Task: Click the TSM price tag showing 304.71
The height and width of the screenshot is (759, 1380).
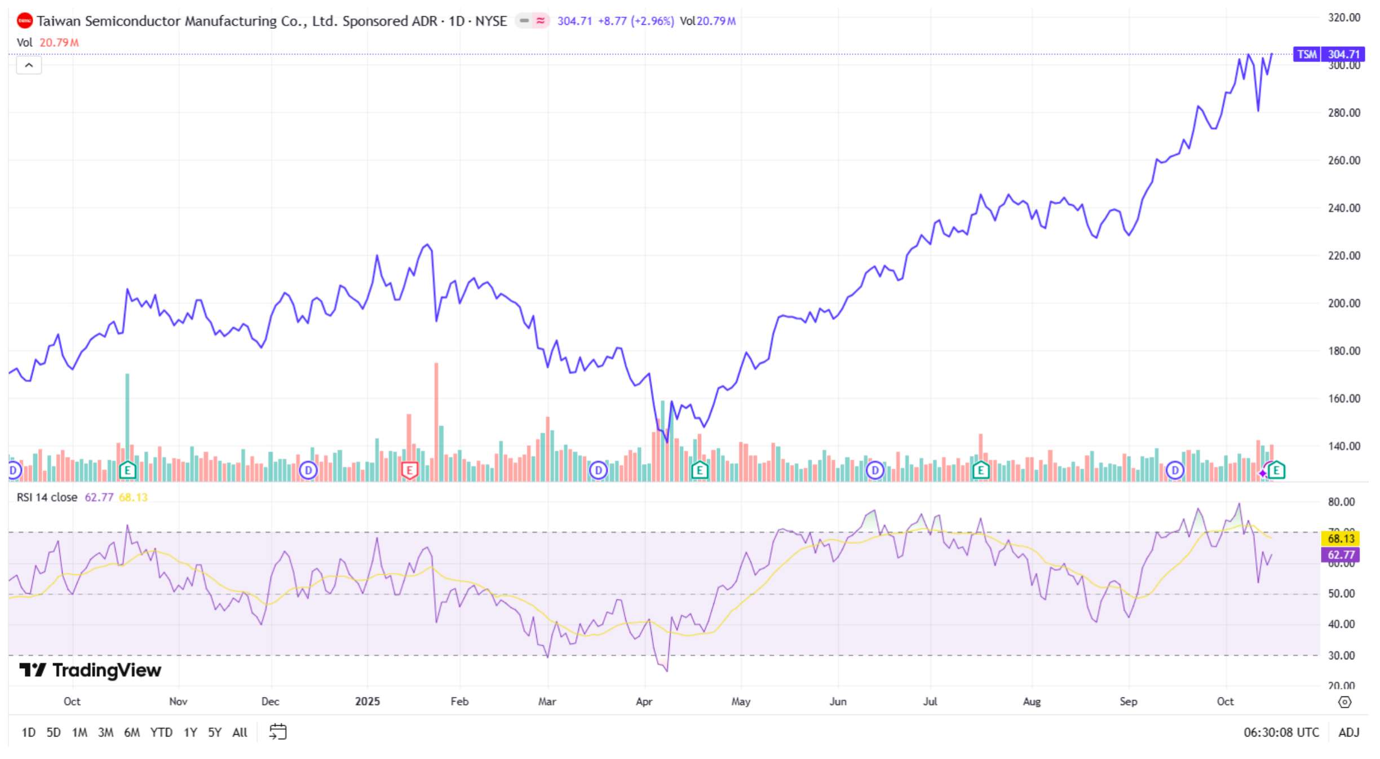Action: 1328,54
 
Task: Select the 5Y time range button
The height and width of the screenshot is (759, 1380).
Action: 214,732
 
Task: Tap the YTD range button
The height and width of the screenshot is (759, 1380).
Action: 161,732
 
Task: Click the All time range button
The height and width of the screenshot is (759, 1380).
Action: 240,732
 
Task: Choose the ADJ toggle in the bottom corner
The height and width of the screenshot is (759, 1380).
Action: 1348,732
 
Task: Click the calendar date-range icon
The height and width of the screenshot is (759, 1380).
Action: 278,732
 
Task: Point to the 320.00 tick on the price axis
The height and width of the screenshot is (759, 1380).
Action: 1343,17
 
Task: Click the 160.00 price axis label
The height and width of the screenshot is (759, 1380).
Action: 1343,399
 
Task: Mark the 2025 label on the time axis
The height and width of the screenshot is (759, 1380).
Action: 367,701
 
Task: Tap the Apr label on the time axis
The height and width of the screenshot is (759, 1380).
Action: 644,701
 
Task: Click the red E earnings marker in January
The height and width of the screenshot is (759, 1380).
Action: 409,469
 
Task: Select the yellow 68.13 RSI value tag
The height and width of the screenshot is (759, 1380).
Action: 1341,539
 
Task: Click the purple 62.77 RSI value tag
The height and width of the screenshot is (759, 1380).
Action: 1341,555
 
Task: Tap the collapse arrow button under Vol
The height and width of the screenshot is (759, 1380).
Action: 29,65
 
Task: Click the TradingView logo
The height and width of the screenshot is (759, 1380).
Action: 90,670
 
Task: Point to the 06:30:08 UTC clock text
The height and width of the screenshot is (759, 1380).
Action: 1281,732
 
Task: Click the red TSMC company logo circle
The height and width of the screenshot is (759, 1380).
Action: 25,21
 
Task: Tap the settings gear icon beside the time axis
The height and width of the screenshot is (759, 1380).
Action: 1344,702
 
